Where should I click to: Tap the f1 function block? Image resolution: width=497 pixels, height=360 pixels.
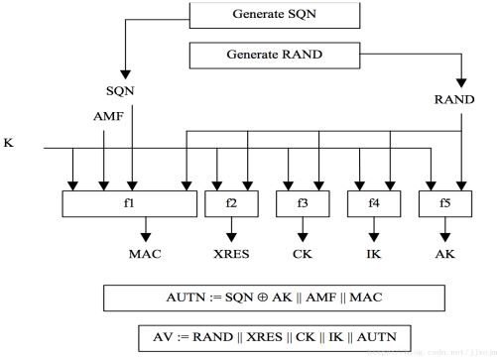click(130, 203)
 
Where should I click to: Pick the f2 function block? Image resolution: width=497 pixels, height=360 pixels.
click(231, 203)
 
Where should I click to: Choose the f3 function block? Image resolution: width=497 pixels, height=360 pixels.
click(302, 203)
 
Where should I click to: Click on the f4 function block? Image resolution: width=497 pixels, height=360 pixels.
click(373, 203)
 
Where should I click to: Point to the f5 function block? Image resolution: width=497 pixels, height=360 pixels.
click(443, 203)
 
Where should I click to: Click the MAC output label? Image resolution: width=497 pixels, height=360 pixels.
click(146, 253)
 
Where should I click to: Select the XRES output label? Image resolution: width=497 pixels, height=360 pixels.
click(231, 253)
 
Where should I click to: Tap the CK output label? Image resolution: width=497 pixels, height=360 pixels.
click(302, 253)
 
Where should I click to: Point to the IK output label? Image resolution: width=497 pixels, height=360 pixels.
click(373, 253)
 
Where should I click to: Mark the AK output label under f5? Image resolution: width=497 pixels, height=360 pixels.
click(443, 253)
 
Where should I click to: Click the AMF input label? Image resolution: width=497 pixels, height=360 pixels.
click(104, 116)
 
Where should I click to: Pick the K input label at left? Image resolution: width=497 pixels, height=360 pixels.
click(9, 143)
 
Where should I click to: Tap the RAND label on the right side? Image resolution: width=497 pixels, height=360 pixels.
click(459, 99)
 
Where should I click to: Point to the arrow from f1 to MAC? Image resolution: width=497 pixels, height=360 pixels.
click(146, 230)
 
